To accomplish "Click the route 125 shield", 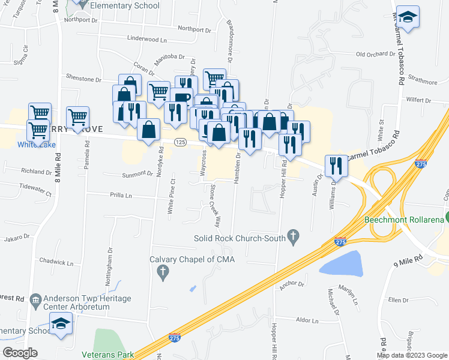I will coord(179,142).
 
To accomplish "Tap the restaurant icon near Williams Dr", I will coord(336,166).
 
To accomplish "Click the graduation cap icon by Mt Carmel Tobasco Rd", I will coord(408,18).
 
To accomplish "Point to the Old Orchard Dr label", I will coord(376,54).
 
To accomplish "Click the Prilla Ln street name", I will coord(121,196).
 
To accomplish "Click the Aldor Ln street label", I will coord(310,320).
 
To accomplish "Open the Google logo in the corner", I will coord(20,353).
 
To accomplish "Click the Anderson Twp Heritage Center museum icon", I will coord(34,298).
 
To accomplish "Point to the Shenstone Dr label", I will coord(84,79).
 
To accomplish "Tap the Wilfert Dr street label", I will coord(421,101).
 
